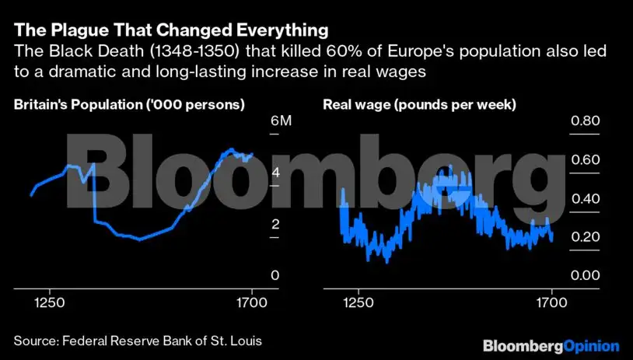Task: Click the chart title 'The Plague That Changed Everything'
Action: (170, 31)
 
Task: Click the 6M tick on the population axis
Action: (280, 121)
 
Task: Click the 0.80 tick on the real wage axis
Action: (586, 121)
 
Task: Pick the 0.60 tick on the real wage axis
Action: (586, 160)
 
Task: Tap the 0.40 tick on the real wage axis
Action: (586, 198)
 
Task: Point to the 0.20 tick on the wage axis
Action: (586, 237)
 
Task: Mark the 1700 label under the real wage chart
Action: (551, 305)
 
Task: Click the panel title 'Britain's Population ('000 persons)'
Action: (129, 104)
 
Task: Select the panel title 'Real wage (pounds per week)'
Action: (419, 104)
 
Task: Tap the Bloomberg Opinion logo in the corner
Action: (551, 344)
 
